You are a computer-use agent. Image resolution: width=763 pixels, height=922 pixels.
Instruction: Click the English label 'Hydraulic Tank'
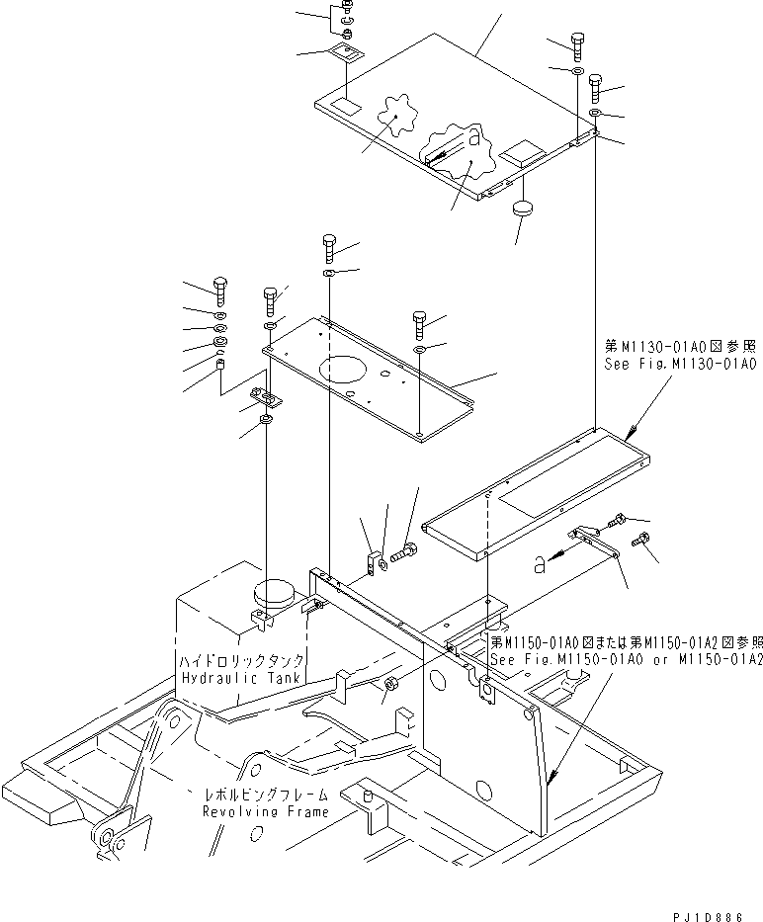pyautogui.click(x=241, y=677)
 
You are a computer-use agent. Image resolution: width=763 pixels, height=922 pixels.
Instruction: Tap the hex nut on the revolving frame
pyautogui.click(x=389, y=684)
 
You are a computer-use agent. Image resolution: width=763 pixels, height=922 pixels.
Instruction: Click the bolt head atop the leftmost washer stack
pyautogui.click(x=220, y=291)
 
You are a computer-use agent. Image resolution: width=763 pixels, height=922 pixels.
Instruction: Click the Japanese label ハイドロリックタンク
pyautogui.click(x=241, y=660)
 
